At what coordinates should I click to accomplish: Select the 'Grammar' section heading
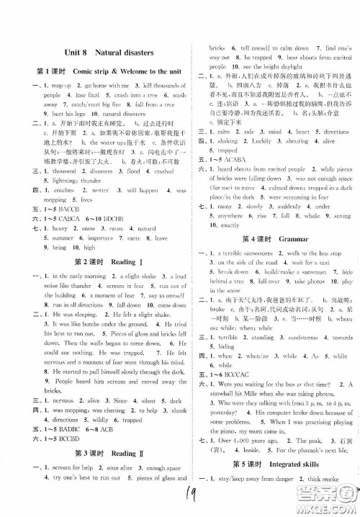pyautogui.click(x=288, y=237)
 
